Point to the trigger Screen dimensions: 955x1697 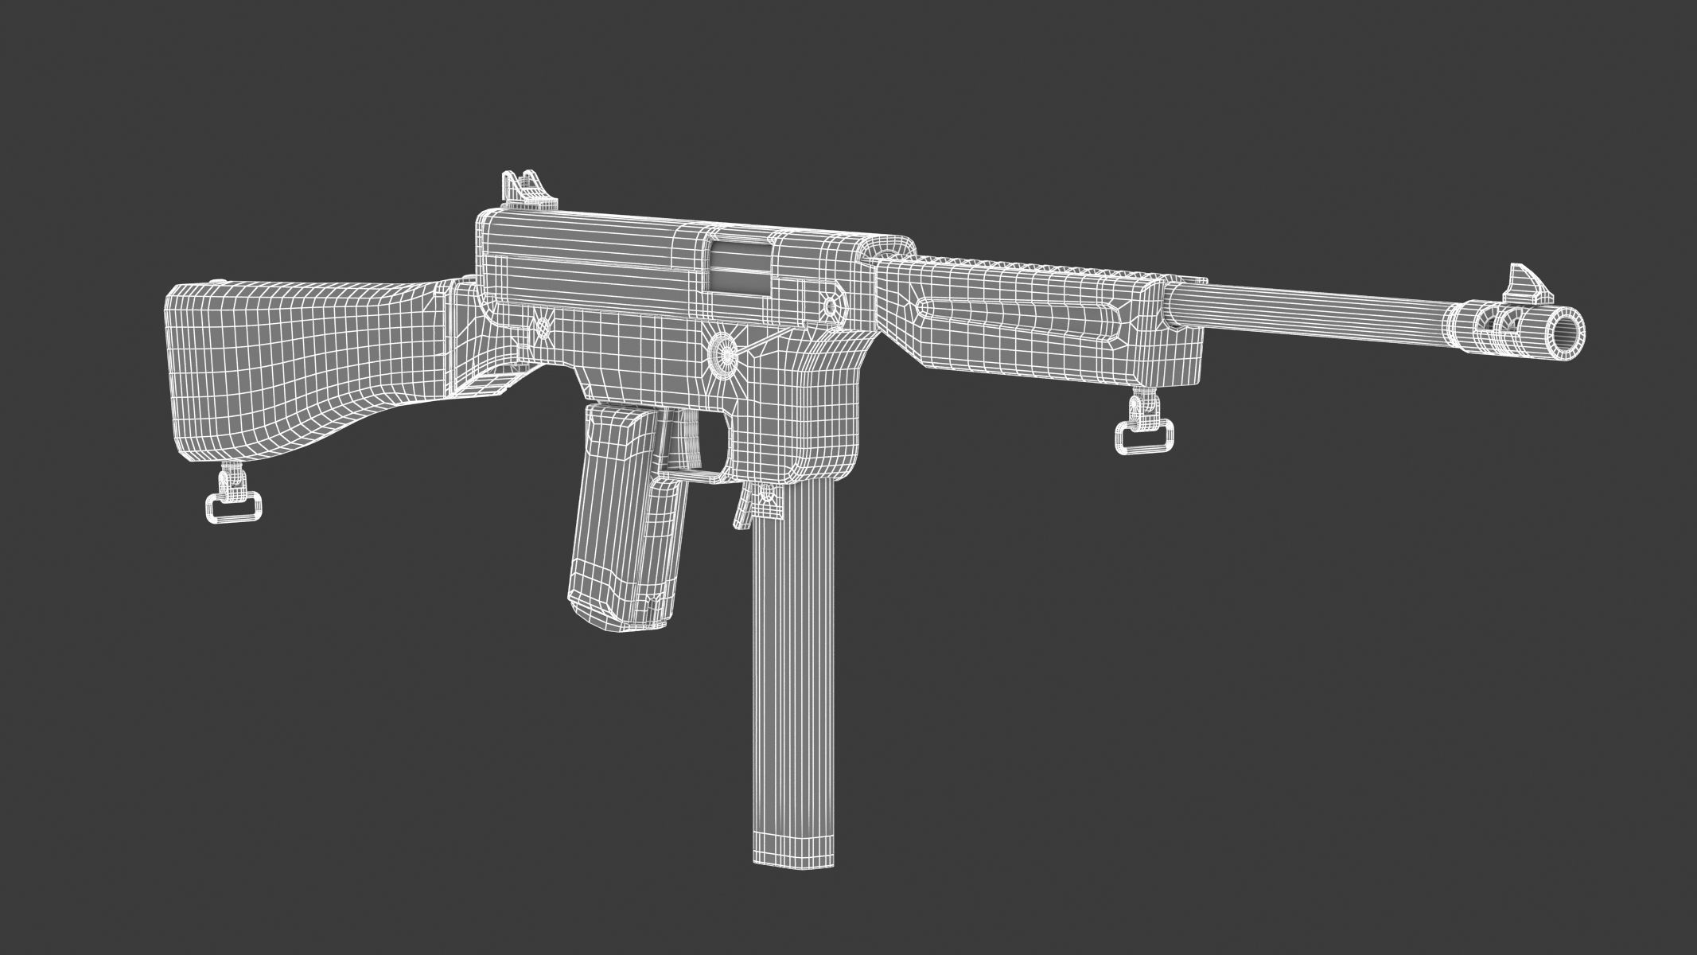pos(686,446)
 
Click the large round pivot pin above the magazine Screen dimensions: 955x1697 pos(724,351)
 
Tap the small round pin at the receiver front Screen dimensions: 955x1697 pos(832,304)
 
